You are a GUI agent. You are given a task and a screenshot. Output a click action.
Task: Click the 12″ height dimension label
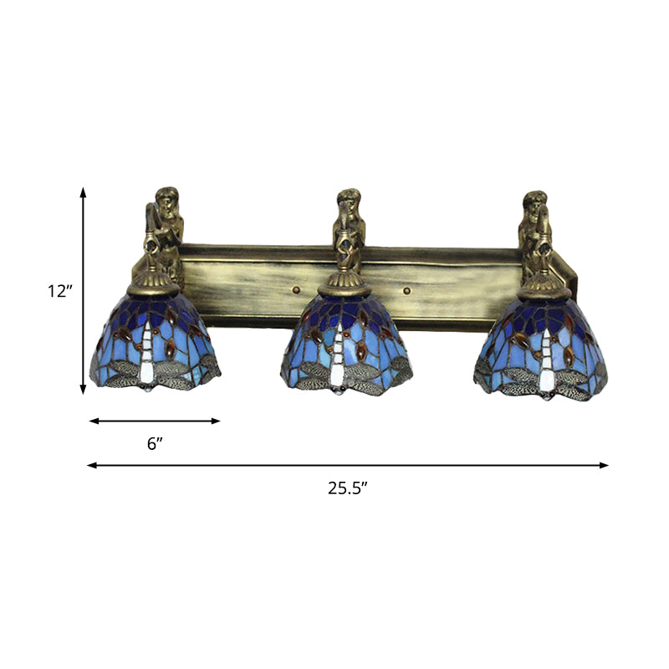click(60, 291)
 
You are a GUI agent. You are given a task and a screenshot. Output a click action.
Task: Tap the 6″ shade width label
click(153, 444)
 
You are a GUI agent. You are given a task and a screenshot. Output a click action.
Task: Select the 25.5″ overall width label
click(349, 489)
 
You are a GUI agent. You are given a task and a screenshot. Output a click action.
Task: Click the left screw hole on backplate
click(296, 291)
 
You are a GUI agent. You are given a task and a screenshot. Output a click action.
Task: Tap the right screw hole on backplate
click(407, 291)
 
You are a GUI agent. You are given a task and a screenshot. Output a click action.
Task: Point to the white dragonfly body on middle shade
click(339, 355)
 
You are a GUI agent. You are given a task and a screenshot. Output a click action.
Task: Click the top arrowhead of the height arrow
click(83, 192)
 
